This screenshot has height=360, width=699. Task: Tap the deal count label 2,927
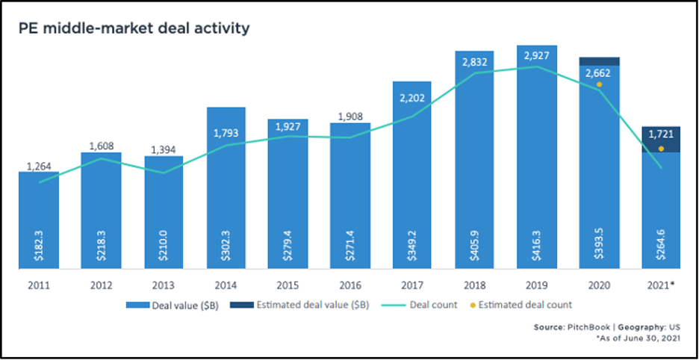click(536, 56)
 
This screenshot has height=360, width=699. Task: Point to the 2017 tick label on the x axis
click(411, 286)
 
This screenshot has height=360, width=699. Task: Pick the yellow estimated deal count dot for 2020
click(599, 84)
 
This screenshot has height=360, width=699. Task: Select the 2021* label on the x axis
click(661, 286)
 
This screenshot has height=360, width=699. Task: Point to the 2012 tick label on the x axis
click(101, 286)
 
